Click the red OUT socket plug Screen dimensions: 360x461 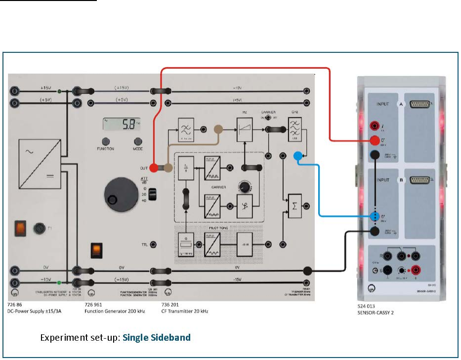(154, 168)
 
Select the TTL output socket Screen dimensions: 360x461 (154, 244)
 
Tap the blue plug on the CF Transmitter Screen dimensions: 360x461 (297, 157)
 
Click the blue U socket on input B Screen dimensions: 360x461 (376, 217)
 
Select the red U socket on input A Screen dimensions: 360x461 (376, 141)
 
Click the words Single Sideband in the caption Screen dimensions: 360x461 (157, 338)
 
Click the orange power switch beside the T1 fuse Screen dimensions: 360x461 (20, 227)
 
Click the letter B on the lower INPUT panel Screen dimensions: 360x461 (401, 180)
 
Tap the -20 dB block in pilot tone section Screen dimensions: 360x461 (244, 244)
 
